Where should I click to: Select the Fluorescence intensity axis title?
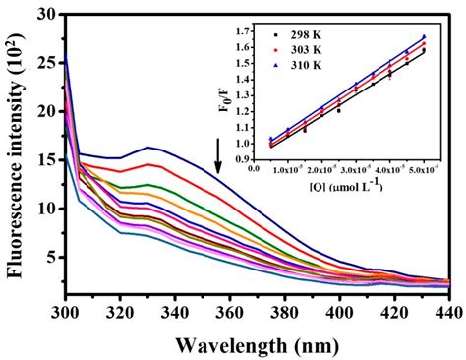coord(17,152)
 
